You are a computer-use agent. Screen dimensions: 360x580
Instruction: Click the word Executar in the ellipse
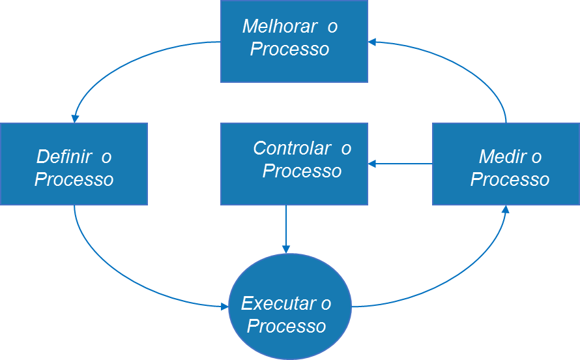[276, 304]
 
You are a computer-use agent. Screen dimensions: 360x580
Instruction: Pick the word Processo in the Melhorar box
[290, 50]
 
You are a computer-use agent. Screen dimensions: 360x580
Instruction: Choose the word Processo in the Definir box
[74, 179]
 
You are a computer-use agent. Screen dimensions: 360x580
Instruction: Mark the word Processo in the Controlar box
[302, 172]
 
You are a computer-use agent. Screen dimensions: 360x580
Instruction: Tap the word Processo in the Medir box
[510, 179]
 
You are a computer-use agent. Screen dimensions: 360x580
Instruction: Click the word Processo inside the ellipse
[287, 326]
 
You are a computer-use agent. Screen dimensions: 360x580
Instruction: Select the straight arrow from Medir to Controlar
[401, 164]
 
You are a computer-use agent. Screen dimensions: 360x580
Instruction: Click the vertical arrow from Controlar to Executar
[286, 228]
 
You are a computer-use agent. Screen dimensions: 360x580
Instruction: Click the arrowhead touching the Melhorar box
[372, 42]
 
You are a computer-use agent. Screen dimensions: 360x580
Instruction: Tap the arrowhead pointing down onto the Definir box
[75, 118]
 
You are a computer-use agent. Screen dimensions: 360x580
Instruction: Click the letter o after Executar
[325, 304]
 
